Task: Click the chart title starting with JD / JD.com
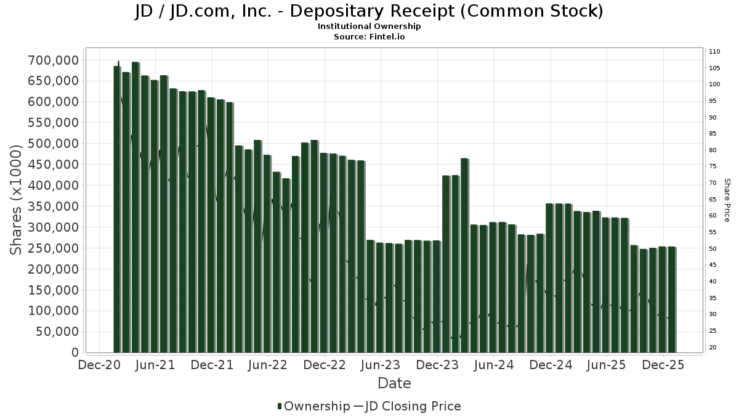(369, 11)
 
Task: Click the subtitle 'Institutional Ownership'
(369, 27)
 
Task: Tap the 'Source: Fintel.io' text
(369, 36)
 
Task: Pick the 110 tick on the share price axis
(714, 51)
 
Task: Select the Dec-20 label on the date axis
(99, 365)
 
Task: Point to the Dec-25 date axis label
(663, 365)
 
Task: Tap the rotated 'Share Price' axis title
(727, 200)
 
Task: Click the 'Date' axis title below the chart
(394, 383)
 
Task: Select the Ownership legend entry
(310, 406)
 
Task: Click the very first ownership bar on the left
(117, 210)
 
